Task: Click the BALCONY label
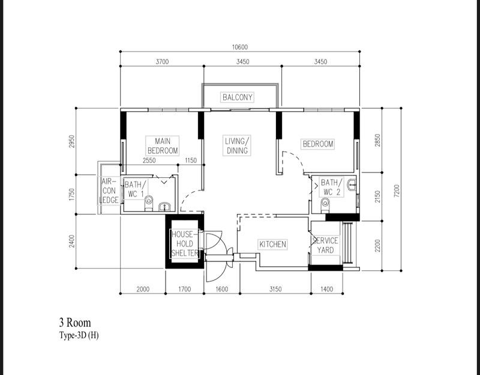pyautogui.click(x=238, y=97)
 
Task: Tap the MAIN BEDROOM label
pyautogui.click(x=162, y=146)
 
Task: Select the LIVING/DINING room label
pyautogui.click(x=237, y=146)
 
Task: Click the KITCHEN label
pyautogui.click(x=272, y=245)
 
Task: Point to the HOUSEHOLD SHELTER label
pyautogui.click(x=184, y=244)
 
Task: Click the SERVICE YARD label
pyautogui.click(x=326, y=245)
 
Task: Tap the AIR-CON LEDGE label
pyautogui.click(x=109, y=190)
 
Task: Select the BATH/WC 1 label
pyautogui.click(x=134, y=190)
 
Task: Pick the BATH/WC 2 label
pyautogui.click(x=331, y=186)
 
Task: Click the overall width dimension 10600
pyautogui.click(x=240, y=47)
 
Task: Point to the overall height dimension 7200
pyautogui.click(x=396, y=189)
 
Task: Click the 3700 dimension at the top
pyautogui.click(x=162, y=62)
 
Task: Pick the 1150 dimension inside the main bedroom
pyautogui.click(x=191, y=160)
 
